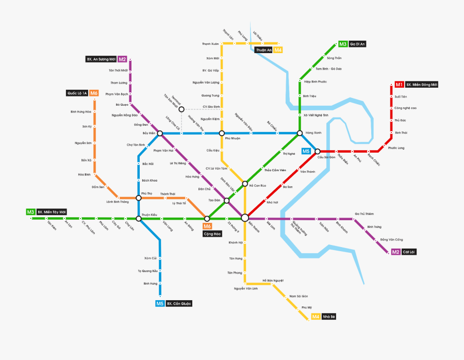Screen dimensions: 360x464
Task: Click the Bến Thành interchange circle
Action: point(245,218)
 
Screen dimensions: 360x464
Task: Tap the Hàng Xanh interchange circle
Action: point(300,133)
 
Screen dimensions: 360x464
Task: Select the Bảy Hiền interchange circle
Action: point(160,133)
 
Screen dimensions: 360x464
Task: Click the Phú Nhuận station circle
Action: point(222,133)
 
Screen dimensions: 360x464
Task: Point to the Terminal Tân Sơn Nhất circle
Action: point(181,109)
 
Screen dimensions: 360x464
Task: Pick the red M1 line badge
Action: point(399,84)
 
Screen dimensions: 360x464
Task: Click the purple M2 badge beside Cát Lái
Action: point(395,252)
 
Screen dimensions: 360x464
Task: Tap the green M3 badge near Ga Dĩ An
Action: point(343,44)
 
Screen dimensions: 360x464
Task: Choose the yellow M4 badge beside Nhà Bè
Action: point(316,316)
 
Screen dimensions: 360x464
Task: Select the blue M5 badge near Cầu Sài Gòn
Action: point(306,151)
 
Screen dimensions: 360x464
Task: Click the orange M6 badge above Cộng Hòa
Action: point(207,226)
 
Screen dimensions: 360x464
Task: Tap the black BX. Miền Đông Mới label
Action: point(422,84)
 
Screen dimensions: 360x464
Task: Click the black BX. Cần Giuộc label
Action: point(179,304)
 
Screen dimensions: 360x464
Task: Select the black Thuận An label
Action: point(263,50)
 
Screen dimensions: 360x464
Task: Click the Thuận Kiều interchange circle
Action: point(138,219)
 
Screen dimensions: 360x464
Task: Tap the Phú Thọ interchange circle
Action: point(138,198)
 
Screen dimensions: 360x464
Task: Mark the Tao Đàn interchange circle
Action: point(227,200)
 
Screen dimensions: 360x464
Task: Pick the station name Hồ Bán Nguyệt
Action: point(273,280)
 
